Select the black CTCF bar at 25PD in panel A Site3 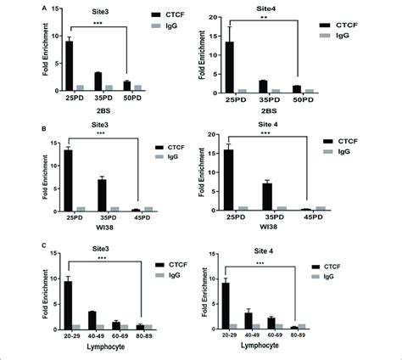tap(69, 65)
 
